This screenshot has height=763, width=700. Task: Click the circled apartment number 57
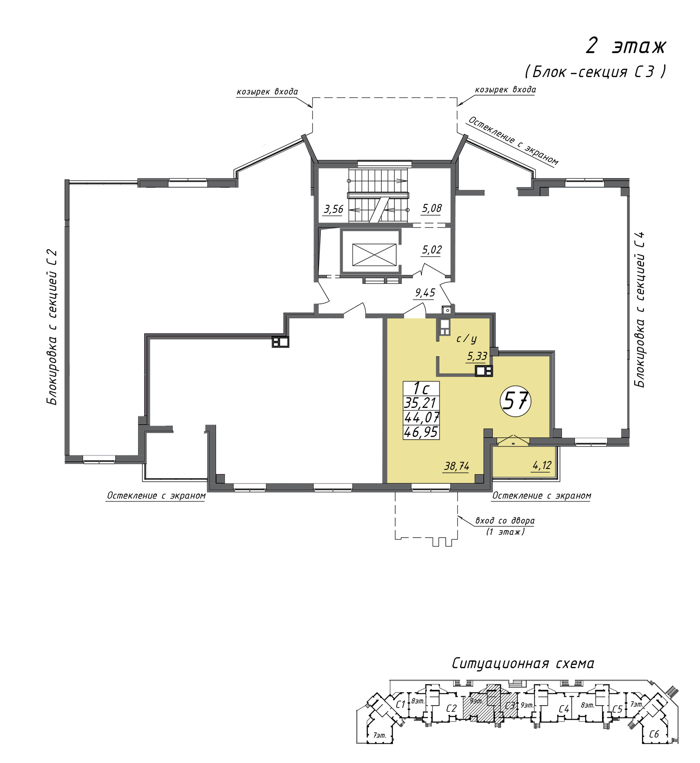coord(516,401)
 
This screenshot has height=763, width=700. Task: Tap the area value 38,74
coord(457,466)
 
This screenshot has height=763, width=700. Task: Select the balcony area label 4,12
coord(542,465)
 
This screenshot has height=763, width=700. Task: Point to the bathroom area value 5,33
coord(477,357)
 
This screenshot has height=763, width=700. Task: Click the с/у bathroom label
coord(466,339)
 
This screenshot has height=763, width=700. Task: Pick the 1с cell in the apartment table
coord(421,388)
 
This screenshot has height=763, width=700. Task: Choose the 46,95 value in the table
coord(421,432)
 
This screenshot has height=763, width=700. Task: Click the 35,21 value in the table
coord(420,403)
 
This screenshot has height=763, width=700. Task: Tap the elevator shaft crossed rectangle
coord(374,255)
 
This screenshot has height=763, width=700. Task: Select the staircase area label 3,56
coord(334,209)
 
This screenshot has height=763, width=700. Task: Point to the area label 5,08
coord(432,208)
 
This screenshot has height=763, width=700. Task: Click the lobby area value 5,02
coord(432,250)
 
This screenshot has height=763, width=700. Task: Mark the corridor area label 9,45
coord(425,293)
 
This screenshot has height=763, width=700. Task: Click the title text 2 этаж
coord(626,46)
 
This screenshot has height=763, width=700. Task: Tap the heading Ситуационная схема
coord(523,663)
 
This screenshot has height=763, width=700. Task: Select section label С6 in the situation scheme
coord(654,734)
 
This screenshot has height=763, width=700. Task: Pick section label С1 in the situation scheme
coord(400,705)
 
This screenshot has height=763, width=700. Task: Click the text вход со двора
coord(505,520)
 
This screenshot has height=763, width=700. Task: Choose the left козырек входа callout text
coord(267,91)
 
